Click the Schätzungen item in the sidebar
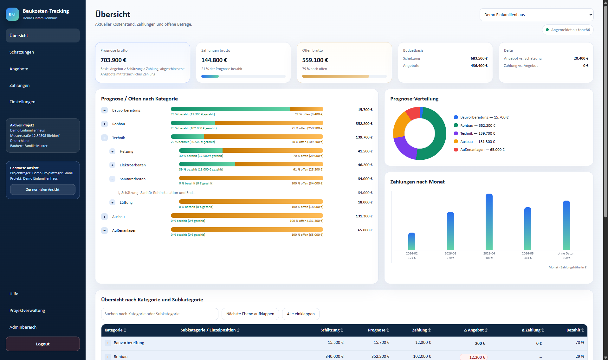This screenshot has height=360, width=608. tap(22, 52)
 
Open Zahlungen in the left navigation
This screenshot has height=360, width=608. tap(19, 85)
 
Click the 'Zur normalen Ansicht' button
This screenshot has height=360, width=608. tap(43, 190)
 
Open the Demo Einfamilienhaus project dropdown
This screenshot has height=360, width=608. tap(536, 15)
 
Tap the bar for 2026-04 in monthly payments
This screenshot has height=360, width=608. tap(489, 222)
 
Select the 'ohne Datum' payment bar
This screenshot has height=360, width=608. tap(566, 225)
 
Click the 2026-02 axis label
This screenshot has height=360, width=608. tap(412, 254)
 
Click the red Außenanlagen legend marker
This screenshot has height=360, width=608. tap(456, 150)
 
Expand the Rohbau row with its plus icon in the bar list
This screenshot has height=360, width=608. tap(105, 124)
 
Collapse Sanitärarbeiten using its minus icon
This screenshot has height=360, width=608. tap(112, 179)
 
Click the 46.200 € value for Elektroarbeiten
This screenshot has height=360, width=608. tap(365, 165)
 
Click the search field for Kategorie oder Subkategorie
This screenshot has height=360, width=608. tap(160, 314)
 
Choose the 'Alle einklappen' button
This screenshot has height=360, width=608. tap(301, 314)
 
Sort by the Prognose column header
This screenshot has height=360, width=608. tap(378, 330)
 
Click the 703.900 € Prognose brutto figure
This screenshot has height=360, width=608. tap(113, 60)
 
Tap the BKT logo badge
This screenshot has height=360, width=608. tap(12, 14)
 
